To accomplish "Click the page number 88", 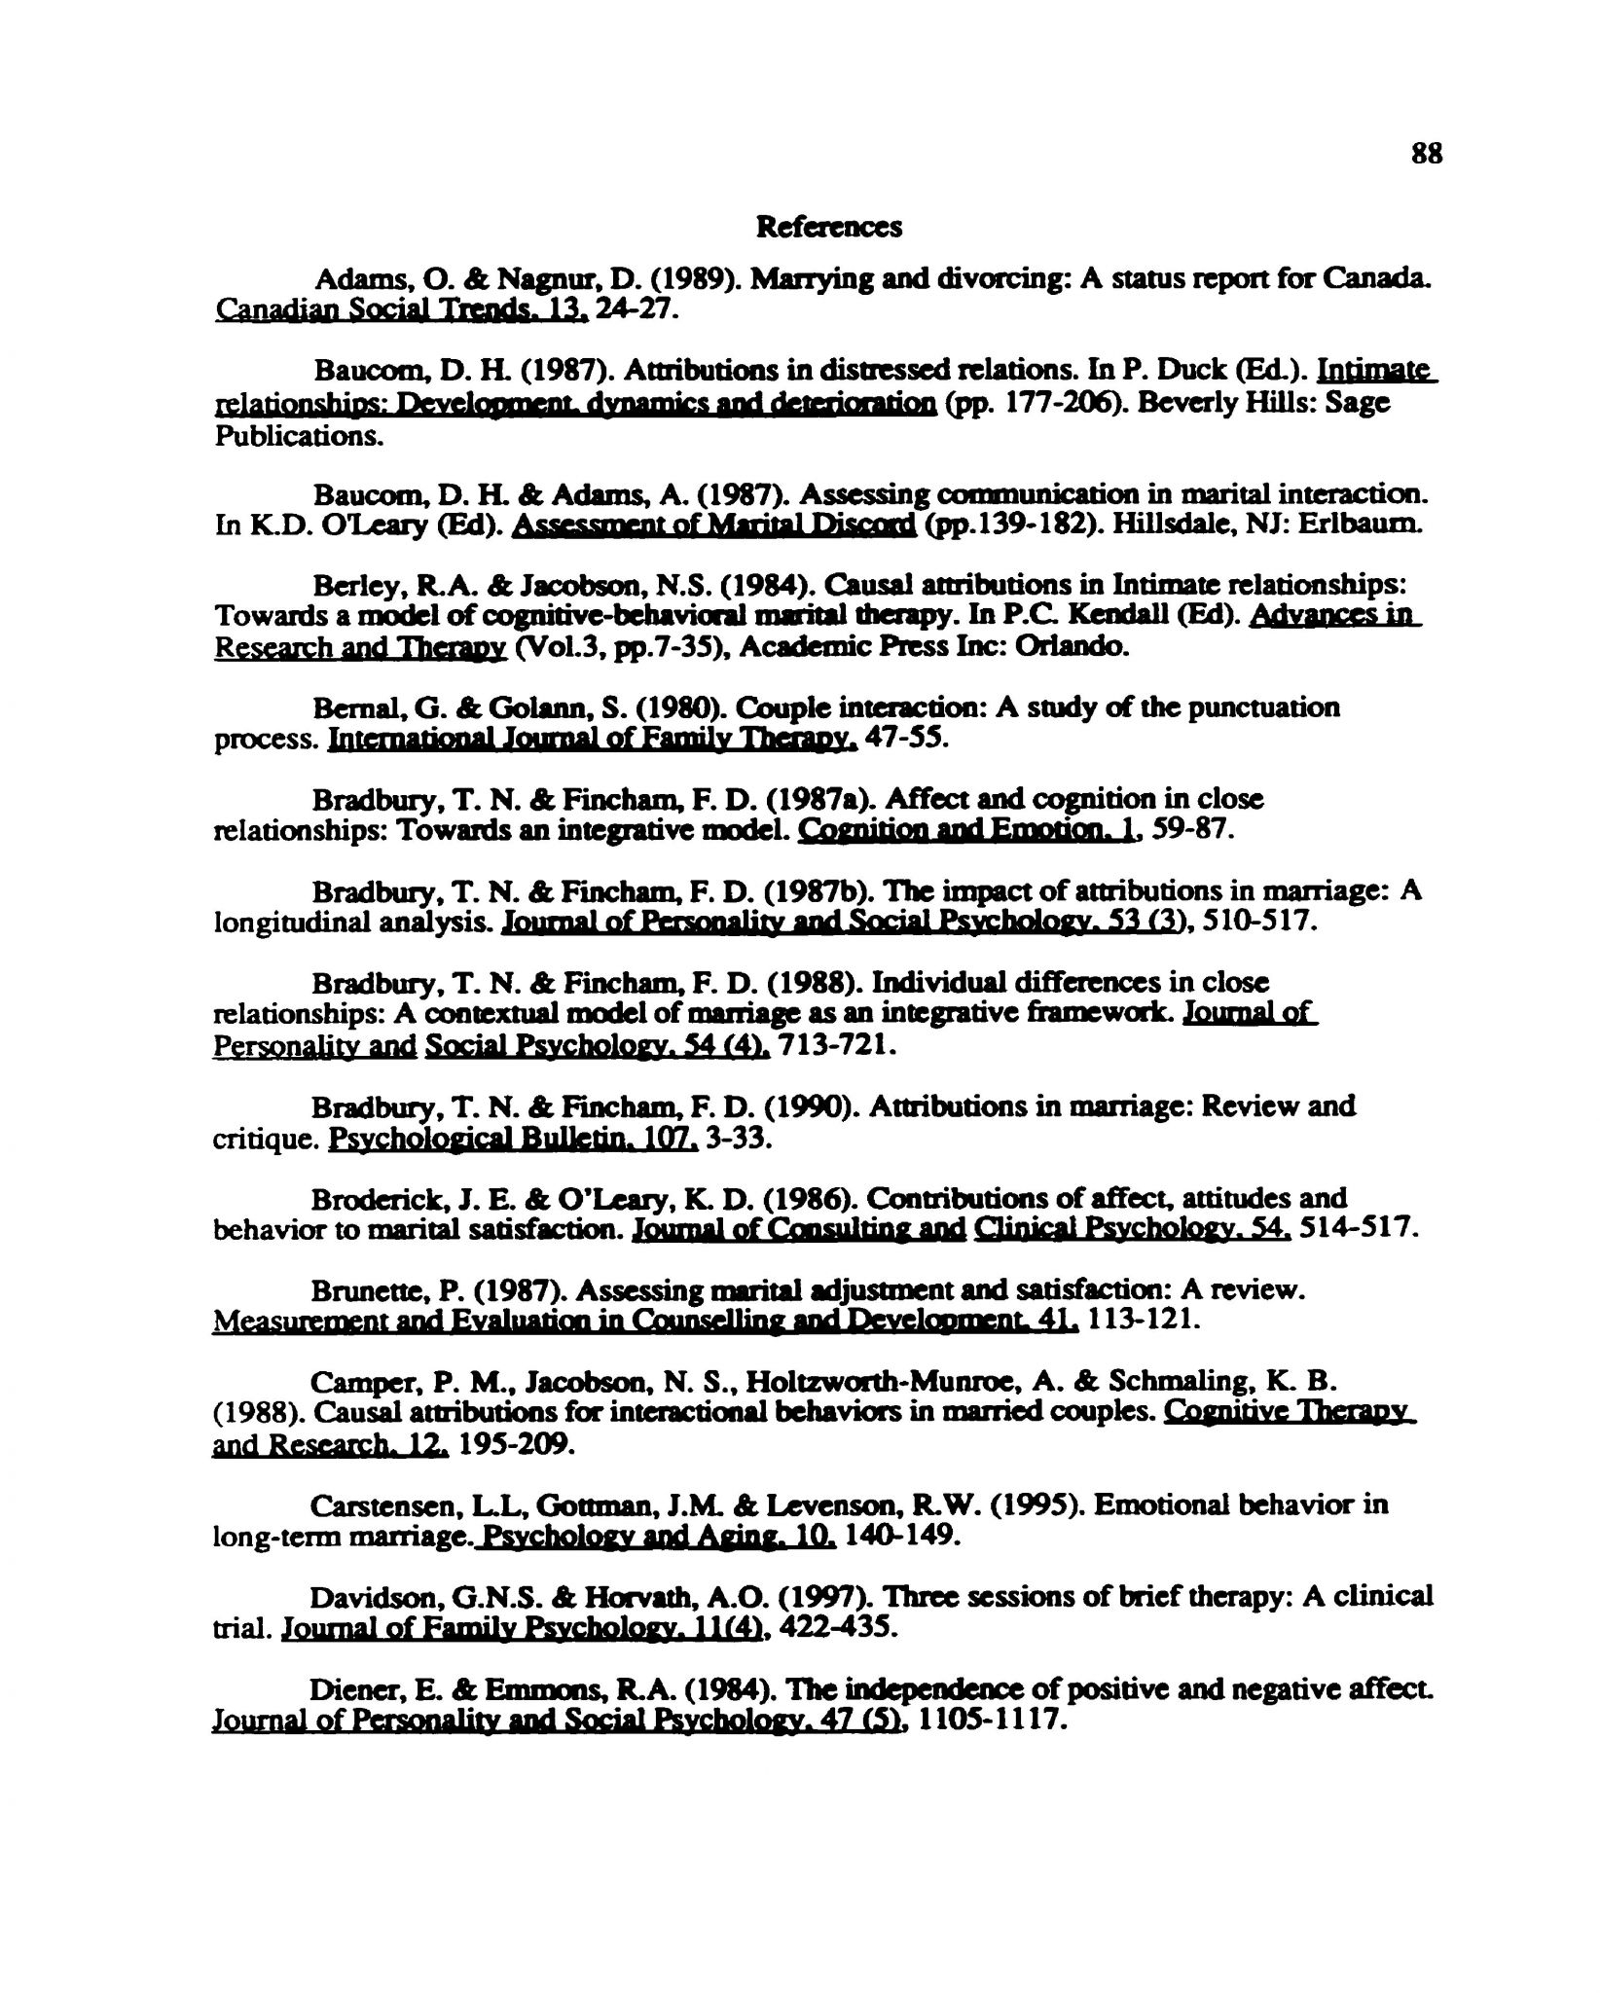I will [1424, 155].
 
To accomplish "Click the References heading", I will [829, 228].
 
